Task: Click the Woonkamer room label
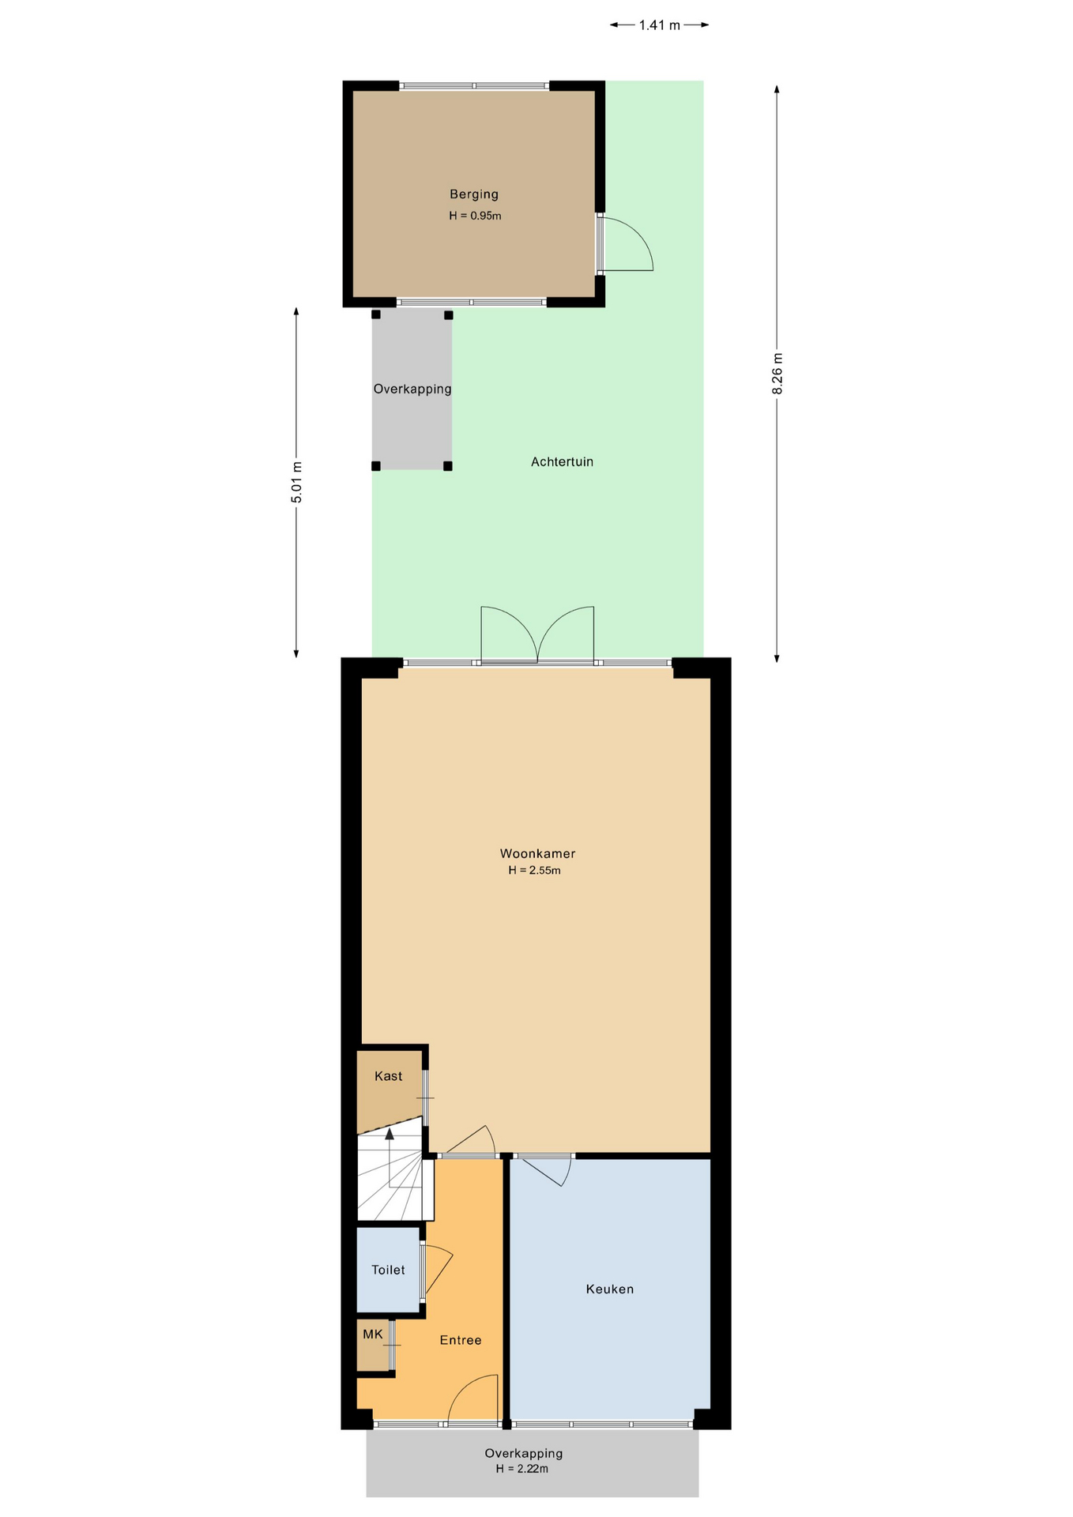click(537, 853)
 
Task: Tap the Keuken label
click(610, 1289)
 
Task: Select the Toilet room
click(388, 1269)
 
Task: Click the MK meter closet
click(373, 1344)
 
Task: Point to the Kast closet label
click(389, 1076)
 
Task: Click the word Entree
click(461, 1340)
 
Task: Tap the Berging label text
click(474, 194)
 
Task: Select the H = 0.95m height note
click(475, 216)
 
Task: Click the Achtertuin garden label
click(562, 461)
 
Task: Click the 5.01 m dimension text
click(296, 482)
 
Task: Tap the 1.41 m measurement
click(660, 25)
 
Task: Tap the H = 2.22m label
click(522, 1469)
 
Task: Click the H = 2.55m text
click(535, 871)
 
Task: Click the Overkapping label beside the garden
click(412, 389)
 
